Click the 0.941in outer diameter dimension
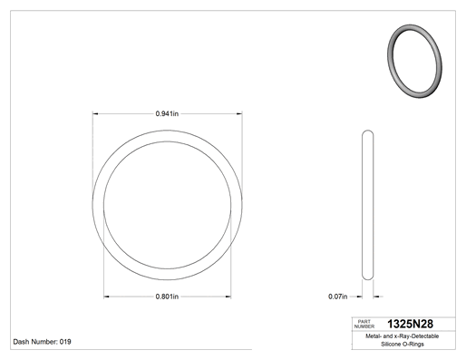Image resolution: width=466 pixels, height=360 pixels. point(167,113)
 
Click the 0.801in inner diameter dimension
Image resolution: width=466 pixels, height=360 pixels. point(167,297)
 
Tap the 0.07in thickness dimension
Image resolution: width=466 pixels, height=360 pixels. point(338,297)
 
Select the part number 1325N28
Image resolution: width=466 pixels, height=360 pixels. point(410,324)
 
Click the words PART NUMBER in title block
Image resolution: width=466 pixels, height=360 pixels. point(364,324)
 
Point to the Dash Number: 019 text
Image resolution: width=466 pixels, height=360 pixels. point(42,342)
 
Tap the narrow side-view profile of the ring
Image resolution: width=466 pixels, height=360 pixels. point(367,205)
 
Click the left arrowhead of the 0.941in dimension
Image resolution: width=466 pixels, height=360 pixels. point(95,113)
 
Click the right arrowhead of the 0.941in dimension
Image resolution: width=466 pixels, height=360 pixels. point(239,113)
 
